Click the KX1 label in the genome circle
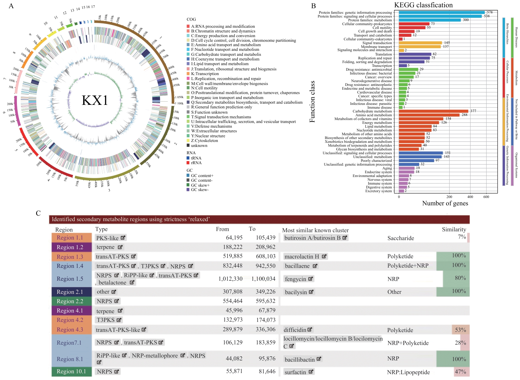click(95, 100)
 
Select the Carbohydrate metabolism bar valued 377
click(433, 111)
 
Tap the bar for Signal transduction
click(420, 43)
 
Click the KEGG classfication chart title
click(423, 5)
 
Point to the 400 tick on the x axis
click(470, 197)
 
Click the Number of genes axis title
click(445, 203)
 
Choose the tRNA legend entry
click(196, 158)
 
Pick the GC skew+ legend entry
click(200, 185)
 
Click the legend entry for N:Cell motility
click(204, 88)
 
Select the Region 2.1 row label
click(70, 292)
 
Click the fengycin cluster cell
click(298, 279)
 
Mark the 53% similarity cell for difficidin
click(460, 330)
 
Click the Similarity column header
click(454, 229)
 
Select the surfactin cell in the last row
click(298, 372)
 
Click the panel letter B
click(314, 6)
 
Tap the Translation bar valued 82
click(415, 54)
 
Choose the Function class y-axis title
click(312, 102)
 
